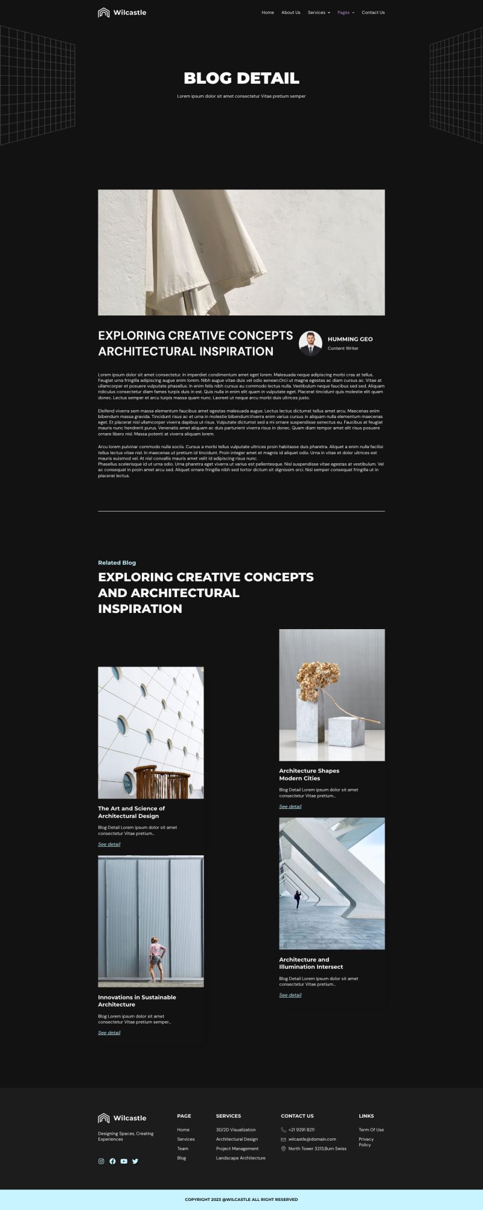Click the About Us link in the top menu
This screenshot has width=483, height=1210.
click(x=290, y=13)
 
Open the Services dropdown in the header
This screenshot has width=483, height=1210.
click(x=318, y=13)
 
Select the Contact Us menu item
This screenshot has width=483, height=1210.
click(x=373, y=13)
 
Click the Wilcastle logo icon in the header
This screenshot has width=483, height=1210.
click(x=104, y=13)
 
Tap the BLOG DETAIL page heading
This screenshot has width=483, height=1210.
click(x=241, y=78)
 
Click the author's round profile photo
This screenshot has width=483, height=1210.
click(x=310, y=343)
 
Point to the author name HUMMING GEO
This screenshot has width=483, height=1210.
click(x=350, y=339)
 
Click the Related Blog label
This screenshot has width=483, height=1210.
click(x=117, y=563)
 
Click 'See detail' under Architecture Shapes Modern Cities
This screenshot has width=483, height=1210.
click(x=290, y=806)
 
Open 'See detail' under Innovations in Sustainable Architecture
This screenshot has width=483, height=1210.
click(x=109, y=1033)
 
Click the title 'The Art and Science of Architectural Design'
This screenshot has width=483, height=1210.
click(x=132, y=812)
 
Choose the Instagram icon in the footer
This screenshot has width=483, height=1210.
click(x=101, y=1161)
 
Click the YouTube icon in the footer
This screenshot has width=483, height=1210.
click(x=124, y=1161)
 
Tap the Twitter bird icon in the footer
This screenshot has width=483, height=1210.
click(x=135, y=1161)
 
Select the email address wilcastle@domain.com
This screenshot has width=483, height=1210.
click(x=312, y=1139)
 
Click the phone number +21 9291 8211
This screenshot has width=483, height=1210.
click(x=301, y=1130)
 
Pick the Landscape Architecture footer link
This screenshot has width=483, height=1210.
click(x=240, y=1158)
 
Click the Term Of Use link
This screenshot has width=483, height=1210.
click(x=371, y=1130)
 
